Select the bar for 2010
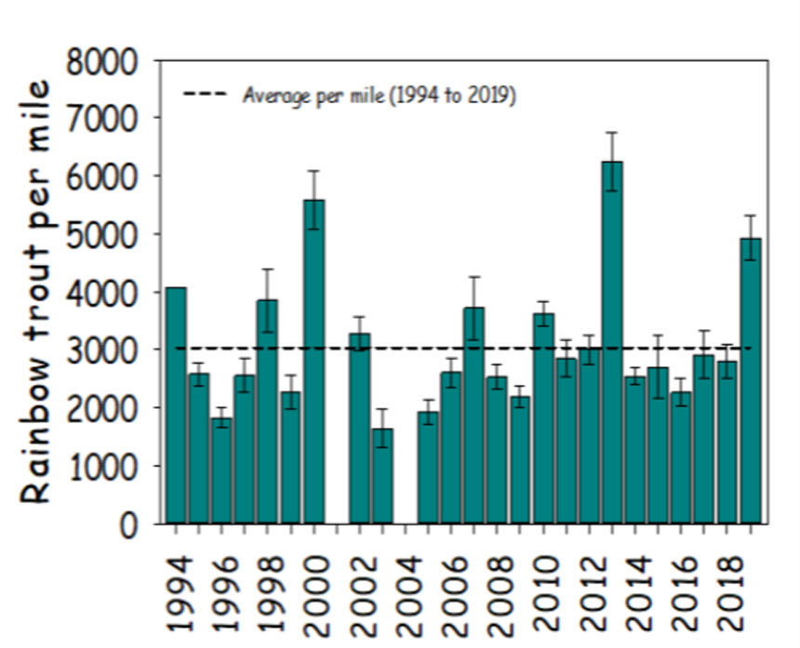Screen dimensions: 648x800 pyautogui.click(x=543, y=418)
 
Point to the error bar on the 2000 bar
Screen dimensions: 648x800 pyautogui.click(x=313, y=199)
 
